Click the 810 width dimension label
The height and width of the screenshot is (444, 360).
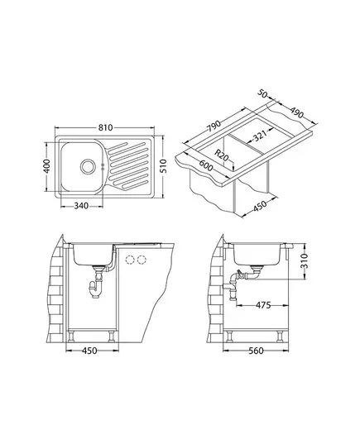coord(105,128)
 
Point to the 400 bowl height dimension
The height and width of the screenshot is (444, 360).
coord(46,166)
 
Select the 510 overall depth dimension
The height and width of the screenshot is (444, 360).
coord(163,166)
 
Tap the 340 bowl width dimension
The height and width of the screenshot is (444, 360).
coord(81,206)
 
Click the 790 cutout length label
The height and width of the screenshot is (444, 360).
coord(214,127)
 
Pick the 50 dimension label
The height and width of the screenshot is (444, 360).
coord(263,93)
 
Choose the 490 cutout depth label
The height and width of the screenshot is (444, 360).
coord(296,112)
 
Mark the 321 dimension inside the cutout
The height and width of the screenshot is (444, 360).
coord(260,136)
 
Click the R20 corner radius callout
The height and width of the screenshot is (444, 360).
coord(221,155)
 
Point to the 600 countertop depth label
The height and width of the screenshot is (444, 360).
coord(205,165)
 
